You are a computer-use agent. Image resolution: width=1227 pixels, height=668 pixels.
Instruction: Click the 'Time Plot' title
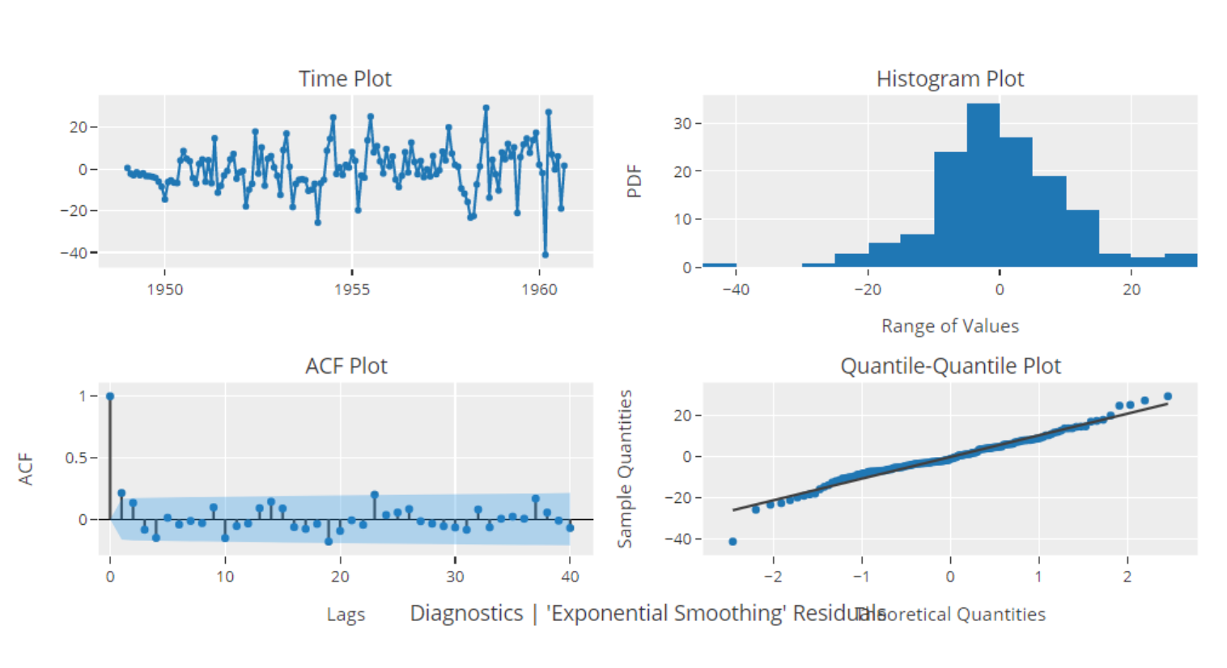pyautogui.click(x=345, y=78)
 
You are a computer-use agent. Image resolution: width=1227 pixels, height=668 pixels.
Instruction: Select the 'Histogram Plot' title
pyautogui.click(x=949, y=78)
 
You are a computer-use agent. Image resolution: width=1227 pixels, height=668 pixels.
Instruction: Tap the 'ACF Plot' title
pyautogui.click(x=346, y=366)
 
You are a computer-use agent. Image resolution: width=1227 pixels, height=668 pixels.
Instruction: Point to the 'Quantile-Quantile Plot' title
pyautogui.click(x=950, y=366)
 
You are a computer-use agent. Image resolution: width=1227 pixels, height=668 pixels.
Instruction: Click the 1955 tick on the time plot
pyautogui.click(x=351, y=290)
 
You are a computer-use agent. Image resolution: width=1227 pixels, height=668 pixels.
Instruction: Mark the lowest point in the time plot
pyautogui.click(x=545, y=255)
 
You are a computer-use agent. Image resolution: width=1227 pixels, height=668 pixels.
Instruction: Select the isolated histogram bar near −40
pyautogui.click(x=720, y=264)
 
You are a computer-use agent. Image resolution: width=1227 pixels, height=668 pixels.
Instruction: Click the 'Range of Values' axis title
pyautogui.click(x=949, y=326)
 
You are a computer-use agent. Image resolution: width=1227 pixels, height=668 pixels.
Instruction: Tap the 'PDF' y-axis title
pyautogui.click(x=634, y=181)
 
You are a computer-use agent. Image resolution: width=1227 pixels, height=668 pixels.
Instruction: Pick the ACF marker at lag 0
pyautogui.click(x=110, y=396)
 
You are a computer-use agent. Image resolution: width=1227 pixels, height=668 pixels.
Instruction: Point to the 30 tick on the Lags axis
pyautogui.click(x=455, y=577)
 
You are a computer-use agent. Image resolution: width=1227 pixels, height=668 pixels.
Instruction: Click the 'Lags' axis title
pyautogui.click(x=346, y=615)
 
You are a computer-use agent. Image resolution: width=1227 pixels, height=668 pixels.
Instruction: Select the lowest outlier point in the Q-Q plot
pyautogui.click(x=732, y=542)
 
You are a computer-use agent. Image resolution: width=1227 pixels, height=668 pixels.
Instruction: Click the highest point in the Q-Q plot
pyautogui.click(x=1168, y=396)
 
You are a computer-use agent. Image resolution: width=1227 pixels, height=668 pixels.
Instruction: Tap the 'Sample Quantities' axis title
pyautogui.click(x=625, y=468)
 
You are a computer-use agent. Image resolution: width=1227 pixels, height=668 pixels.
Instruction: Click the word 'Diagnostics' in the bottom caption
pyautogui.click(x=466, y=613)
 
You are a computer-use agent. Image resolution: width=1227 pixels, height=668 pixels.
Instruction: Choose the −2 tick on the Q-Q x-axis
pyautogui.click(x=773, y=577)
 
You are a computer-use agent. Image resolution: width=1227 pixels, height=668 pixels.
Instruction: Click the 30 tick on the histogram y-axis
pyautogui.click(x=682, y=124)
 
